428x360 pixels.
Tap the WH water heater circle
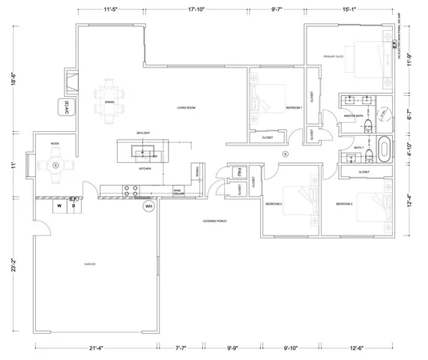pos(148,205)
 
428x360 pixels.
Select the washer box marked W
pos(57,204)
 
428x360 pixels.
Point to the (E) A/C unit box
pos(67,108)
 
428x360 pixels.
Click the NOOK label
pos(55,143)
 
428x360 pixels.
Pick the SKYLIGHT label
pos(143,132)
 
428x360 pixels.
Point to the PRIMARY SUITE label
pos(334,57)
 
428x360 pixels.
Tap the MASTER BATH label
pos(353,116)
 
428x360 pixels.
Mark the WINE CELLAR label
pos(178,192)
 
